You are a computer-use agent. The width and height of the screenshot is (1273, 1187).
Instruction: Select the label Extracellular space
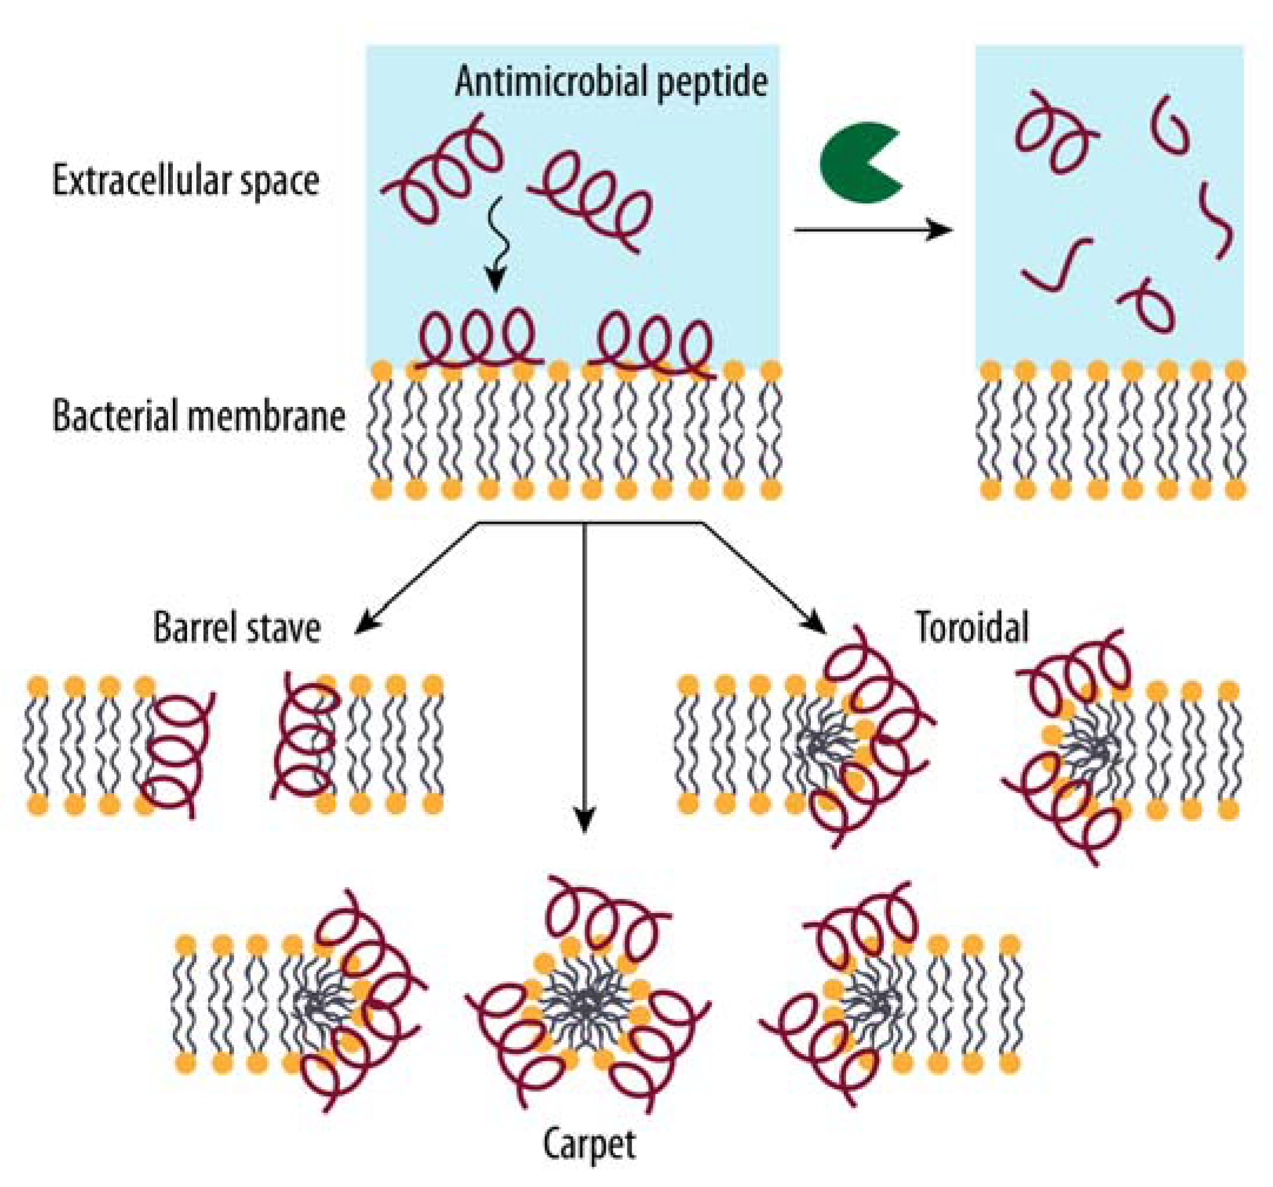click(186, 181)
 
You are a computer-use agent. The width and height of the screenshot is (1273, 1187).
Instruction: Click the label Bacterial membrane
click(199, 417)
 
